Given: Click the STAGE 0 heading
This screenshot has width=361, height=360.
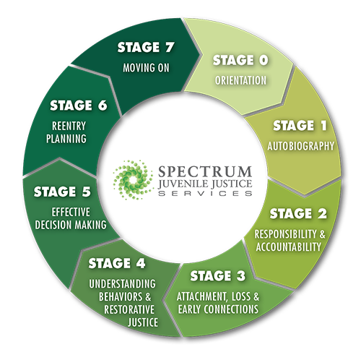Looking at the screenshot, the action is [240, 60].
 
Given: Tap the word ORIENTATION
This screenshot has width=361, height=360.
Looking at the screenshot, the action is [240, 80].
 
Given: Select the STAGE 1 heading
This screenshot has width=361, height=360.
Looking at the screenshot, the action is [300, 126].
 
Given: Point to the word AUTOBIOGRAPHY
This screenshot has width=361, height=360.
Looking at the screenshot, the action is [301, 146].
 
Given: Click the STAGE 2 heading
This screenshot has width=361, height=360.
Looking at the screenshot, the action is [298, 213].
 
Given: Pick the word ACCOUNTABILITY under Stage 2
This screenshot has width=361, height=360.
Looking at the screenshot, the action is [289, 247].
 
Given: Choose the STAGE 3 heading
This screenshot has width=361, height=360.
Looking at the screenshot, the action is [218, 275].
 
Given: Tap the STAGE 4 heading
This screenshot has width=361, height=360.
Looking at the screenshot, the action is [117, 263].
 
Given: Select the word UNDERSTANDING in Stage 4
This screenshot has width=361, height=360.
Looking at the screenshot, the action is [122, 284].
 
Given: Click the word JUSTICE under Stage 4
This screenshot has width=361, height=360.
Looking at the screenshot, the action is [143, 322].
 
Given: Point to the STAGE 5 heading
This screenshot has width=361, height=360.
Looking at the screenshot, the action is [62, 192].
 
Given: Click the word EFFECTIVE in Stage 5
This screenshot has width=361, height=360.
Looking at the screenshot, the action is [71, 212].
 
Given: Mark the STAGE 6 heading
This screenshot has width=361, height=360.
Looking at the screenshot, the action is [79, 106].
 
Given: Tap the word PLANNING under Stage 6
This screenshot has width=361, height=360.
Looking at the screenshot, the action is [66, 139].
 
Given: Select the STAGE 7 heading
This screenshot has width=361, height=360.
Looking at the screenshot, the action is [146, 47].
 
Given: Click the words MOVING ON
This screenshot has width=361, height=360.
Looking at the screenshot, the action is [146, 68].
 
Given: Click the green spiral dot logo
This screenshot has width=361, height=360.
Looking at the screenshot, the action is [133, 180].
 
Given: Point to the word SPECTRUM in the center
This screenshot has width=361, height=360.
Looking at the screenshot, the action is [205, 171].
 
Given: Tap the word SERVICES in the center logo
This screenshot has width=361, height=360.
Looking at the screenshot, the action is [205, 193].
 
